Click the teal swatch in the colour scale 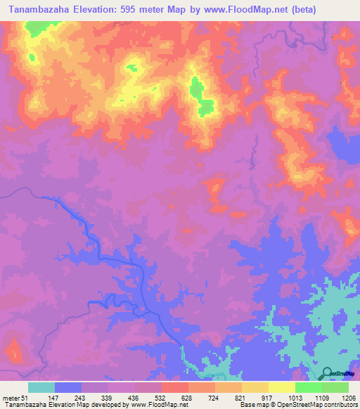pos(41,387)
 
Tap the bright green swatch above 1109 pos(309,387)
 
